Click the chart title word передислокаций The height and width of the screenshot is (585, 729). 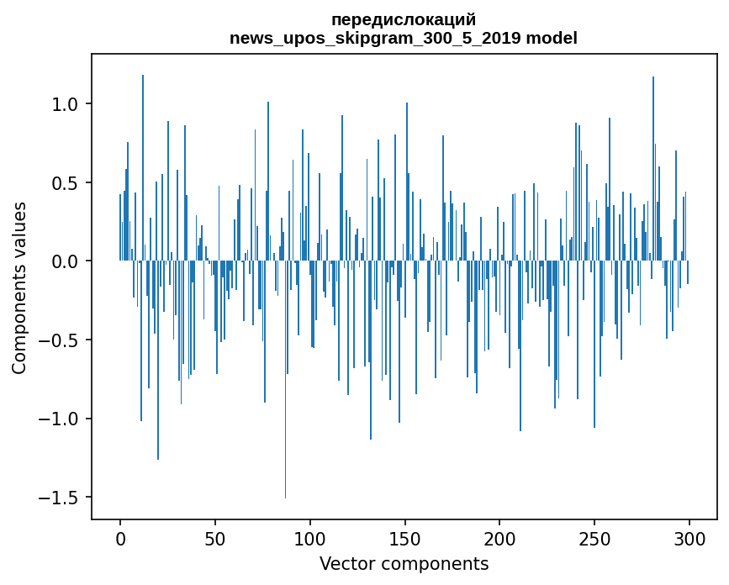coord(404,19)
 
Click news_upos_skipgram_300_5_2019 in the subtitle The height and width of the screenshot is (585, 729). coord(377,38)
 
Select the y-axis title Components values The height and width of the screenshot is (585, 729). coord(19,287)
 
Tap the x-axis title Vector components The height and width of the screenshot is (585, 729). coord(404,563)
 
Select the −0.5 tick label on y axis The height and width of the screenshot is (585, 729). coord(59,340)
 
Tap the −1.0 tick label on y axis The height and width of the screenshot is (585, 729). coord(59,419)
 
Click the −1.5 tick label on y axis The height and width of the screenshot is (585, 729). coord(59,498)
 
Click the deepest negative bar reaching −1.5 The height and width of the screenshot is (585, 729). coord(286,420)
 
